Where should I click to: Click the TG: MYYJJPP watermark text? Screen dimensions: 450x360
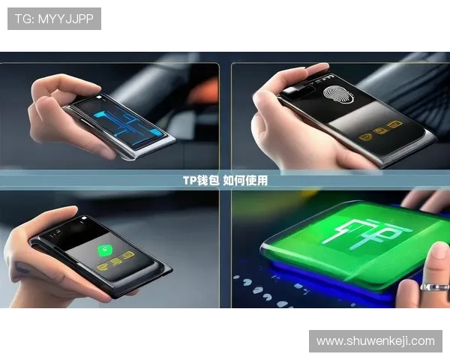pos(54,19)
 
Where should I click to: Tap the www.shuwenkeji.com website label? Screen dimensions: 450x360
pos(376,341)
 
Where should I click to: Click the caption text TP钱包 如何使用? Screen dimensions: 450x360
pos(225,181)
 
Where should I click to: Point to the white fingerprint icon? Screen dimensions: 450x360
pos(338,94)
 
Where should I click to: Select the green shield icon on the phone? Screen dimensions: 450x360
pos(104,250)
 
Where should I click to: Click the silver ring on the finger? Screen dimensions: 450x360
pos(434,286)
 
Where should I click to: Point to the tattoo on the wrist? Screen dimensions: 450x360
pos(22,268)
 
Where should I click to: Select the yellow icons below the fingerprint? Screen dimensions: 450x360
pos(381,130)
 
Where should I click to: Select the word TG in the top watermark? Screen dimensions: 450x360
pos(22,19)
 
